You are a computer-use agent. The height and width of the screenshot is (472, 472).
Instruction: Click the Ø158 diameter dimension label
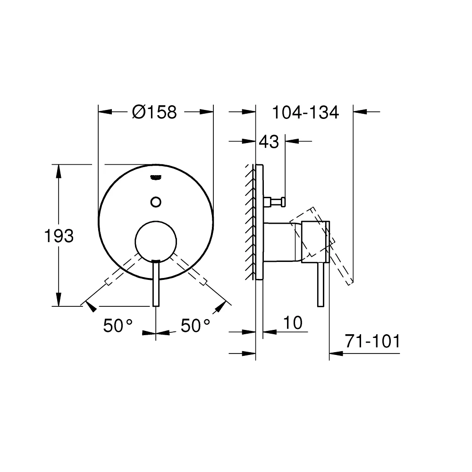click(x=154, y=112)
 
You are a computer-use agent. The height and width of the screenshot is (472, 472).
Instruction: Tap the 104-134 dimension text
click(x=305, y=112)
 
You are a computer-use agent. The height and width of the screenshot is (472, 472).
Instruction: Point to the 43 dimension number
click(x=269, y=141)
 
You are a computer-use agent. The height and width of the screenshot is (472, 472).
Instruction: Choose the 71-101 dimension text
click(x=372, y=341)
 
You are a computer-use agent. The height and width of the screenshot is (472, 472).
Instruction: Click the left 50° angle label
click(x=118, y=326)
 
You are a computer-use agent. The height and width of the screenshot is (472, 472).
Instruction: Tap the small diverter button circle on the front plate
click(x=155, y=202)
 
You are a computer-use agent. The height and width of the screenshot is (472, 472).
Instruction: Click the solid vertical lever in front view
click(x=156, y=283)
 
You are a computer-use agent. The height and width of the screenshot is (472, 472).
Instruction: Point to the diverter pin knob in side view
click(x=276, y=202)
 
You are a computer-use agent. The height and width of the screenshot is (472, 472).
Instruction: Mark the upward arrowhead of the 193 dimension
click(x=59, y=170)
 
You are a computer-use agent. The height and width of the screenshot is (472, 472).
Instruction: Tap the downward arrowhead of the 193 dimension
click(x=59, y=300)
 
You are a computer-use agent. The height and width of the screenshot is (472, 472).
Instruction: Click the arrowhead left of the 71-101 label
click(x=335, y=353)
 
